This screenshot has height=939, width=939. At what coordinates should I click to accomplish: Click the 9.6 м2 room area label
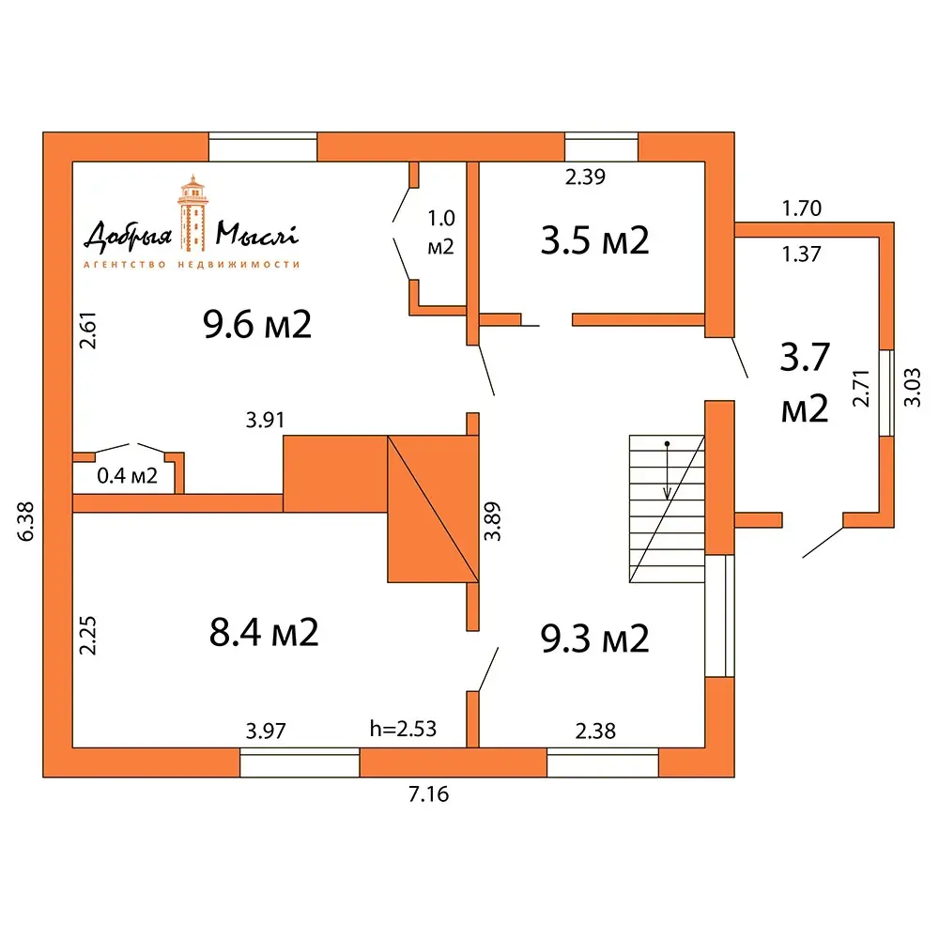[x=257, y=325]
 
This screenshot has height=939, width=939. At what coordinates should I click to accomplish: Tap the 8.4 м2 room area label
[x=264, y=632]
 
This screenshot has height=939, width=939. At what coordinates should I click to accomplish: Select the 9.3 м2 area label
[x=594, y=639]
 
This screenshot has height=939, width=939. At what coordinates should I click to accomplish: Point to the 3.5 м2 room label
[x=594, y=240]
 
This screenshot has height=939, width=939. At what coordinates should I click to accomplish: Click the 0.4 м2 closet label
[x=127, y=476]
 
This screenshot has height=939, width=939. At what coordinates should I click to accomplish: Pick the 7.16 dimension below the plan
[x=429, y=794]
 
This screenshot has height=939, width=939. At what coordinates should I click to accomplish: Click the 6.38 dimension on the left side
[x=26, y=521]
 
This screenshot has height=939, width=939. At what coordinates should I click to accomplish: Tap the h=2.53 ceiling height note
[x=403, y=729]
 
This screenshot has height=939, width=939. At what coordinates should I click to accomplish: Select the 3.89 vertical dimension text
[x=492, y=521]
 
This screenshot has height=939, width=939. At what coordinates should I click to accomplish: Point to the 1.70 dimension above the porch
[x=802, y=208]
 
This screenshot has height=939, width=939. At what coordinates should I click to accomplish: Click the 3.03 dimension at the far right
[x=912, y=388]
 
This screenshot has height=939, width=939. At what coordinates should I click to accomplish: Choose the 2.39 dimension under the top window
[x=586, y=177]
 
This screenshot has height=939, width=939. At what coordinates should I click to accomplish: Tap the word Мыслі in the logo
[x=257, y=234]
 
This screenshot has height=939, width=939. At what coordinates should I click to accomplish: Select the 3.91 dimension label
[x=266, y=421]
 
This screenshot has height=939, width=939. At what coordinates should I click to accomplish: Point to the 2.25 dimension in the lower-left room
[x=88, y=636]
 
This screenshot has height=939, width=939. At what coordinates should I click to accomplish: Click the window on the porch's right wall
[x=887, y=393]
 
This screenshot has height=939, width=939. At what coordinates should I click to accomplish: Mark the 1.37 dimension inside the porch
[x=802, y=254]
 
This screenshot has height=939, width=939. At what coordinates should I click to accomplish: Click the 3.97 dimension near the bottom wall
[x=266, y=731]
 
